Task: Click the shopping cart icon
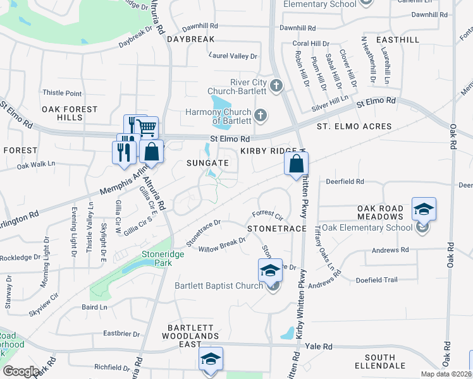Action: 147,129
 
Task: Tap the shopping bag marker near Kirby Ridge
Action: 296,165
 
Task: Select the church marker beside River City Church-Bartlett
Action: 276,85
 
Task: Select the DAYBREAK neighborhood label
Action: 191,39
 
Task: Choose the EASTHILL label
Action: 397,39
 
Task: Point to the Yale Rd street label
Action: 319,347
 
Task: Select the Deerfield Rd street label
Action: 345,181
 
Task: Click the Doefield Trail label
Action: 376,280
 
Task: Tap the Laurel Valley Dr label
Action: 234,56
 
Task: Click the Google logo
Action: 21,371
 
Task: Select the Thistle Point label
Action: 62,93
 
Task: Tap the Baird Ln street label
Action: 95,307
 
